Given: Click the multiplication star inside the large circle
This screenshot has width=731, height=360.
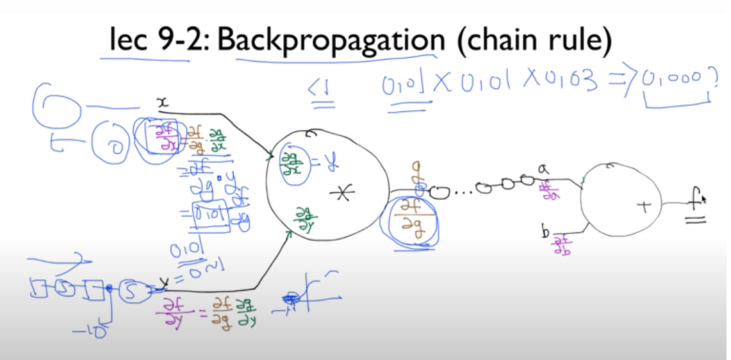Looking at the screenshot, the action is [343, 194].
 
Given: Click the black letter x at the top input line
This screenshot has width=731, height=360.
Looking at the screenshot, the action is [162, 102].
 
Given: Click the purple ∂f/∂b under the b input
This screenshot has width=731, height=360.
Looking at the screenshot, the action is [563, 246].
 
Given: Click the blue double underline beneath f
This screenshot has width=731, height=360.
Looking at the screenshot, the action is [696, 221].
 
